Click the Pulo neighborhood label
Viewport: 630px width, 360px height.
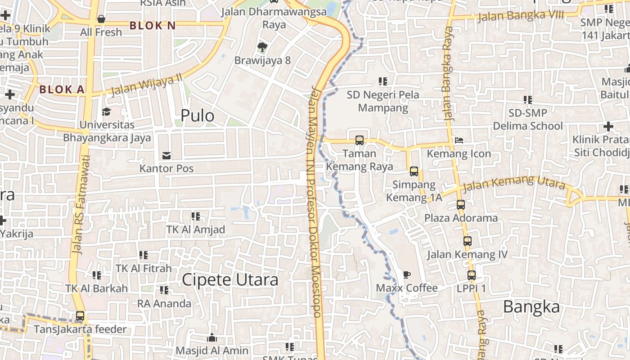(x=197, y=116)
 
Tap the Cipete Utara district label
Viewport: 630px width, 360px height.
(x=230, y=280)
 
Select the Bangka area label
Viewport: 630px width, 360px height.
(x=531, y=307)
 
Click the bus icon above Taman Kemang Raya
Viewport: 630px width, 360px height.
(x=359, y=140)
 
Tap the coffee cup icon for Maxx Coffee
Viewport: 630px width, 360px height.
(x=406, y=274)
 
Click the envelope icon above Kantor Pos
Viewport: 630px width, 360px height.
(x=166, y=156)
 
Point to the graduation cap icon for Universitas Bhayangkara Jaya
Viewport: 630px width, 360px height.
(x=107, y=112)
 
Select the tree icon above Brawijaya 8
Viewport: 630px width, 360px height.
(x=262, y=47)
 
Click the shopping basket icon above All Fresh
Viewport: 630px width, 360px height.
(x=101, y=19)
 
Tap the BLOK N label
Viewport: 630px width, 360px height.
(x=153, y=26)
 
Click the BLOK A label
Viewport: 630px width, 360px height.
(x=62, y=90)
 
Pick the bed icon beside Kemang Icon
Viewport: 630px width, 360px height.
(x=459, y=140)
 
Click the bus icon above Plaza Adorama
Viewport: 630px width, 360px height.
(x=460, y=205)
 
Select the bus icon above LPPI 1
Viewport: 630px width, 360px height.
(x=471, y=275)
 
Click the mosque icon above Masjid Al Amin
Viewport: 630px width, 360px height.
(x=212, y=337)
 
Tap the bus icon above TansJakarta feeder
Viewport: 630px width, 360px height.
(x=80, y=316)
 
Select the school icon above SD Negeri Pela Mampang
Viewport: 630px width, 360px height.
(x=382, y=81)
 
